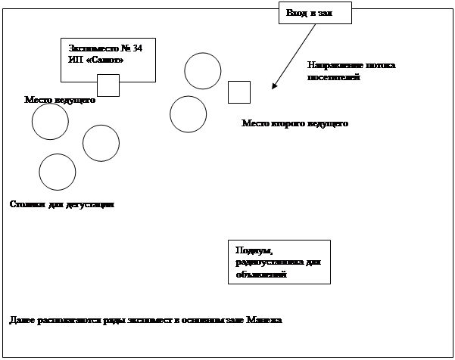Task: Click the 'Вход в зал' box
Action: (x=314, y=14)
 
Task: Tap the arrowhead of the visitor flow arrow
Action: (x=274, y=86)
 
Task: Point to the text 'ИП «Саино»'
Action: (x=95, y=60)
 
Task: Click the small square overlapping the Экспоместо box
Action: (x=108, y=85)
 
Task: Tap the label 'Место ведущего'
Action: (x=60, y=100)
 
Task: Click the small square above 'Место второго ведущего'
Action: (x=238, y=92)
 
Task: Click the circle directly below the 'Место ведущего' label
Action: (x=50, y=122)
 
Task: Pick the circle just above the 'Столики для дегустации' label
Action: (x=57, y=172)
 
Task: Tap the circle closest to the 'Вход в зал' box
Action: (x=203, y=71)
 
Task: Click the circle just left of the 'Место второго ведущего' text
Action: (x=188, y=114)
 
